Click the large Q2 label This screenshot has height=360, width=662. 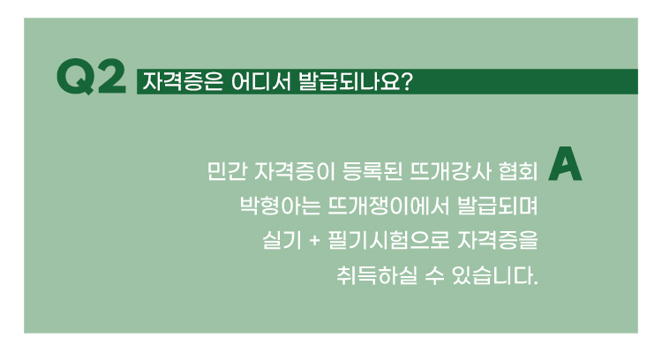91,77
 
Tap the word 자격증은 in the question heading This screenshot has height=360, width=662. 183,81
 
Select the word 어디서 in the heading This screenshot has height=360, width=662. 261,81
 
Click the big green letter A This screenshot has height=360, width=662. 565,164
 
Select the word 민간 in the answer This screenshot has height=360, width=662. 226,171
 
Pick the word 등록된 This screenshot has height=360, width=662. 372,171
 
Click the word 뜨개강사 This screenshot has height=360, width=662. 450,171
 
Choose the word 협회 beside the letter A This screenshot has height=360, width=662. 518,171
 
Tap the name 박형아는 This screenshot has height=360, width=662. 280,206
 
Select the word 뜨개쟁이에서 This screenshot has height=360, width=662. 388,206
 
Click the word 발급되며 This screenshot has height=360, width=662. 497,206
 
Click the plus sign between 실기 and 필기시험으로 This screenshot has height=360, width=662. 314,241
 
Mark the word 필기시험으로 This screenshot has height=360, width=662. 388,240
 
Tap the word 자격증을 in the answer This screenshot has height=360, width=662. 497,240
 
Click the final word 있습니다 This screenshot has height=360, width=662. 495,275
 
